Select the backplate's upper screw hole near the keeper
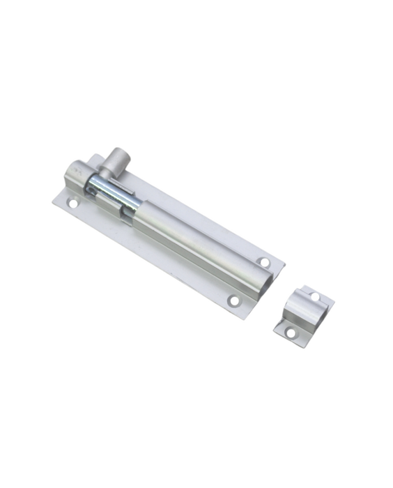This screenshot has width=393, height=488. point(265,264)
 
